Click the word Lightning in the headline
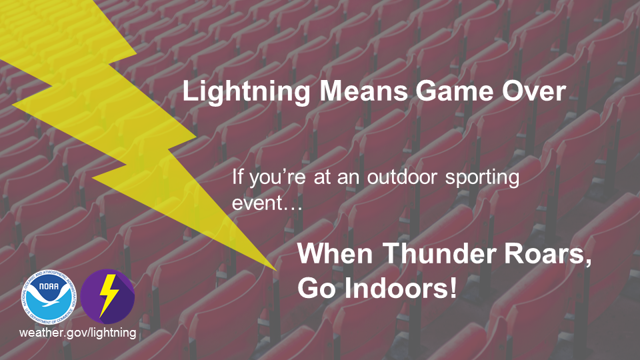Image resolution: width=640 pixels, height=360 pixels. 246,92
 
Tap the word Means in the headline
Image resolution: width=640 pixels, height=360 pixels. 363,91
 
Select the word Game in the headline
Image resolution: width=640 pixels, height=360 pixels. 454,91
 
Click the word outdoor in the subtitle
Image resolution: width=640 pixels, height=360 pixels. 402,177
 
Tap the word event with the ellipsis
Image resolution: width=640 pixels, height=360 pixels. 267,203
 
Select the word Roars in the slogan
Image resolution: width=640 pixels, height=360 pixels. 547,254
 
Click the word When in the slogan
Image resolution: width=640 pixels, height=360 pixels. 335,253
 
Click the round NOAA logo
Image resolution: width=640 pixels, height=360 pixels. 49,297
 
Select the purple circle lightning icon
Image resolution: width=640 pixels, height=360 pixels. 107,296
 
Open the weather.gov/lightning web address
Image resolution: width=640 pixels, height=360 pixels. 78,333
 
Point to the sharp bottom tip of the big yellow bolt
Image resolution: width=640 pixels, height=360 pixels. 276,270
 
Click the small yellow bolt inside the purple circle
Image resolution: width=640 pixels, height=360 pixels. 108,296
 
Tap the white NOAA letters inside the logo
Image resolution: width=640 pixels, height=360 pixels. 49,287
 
